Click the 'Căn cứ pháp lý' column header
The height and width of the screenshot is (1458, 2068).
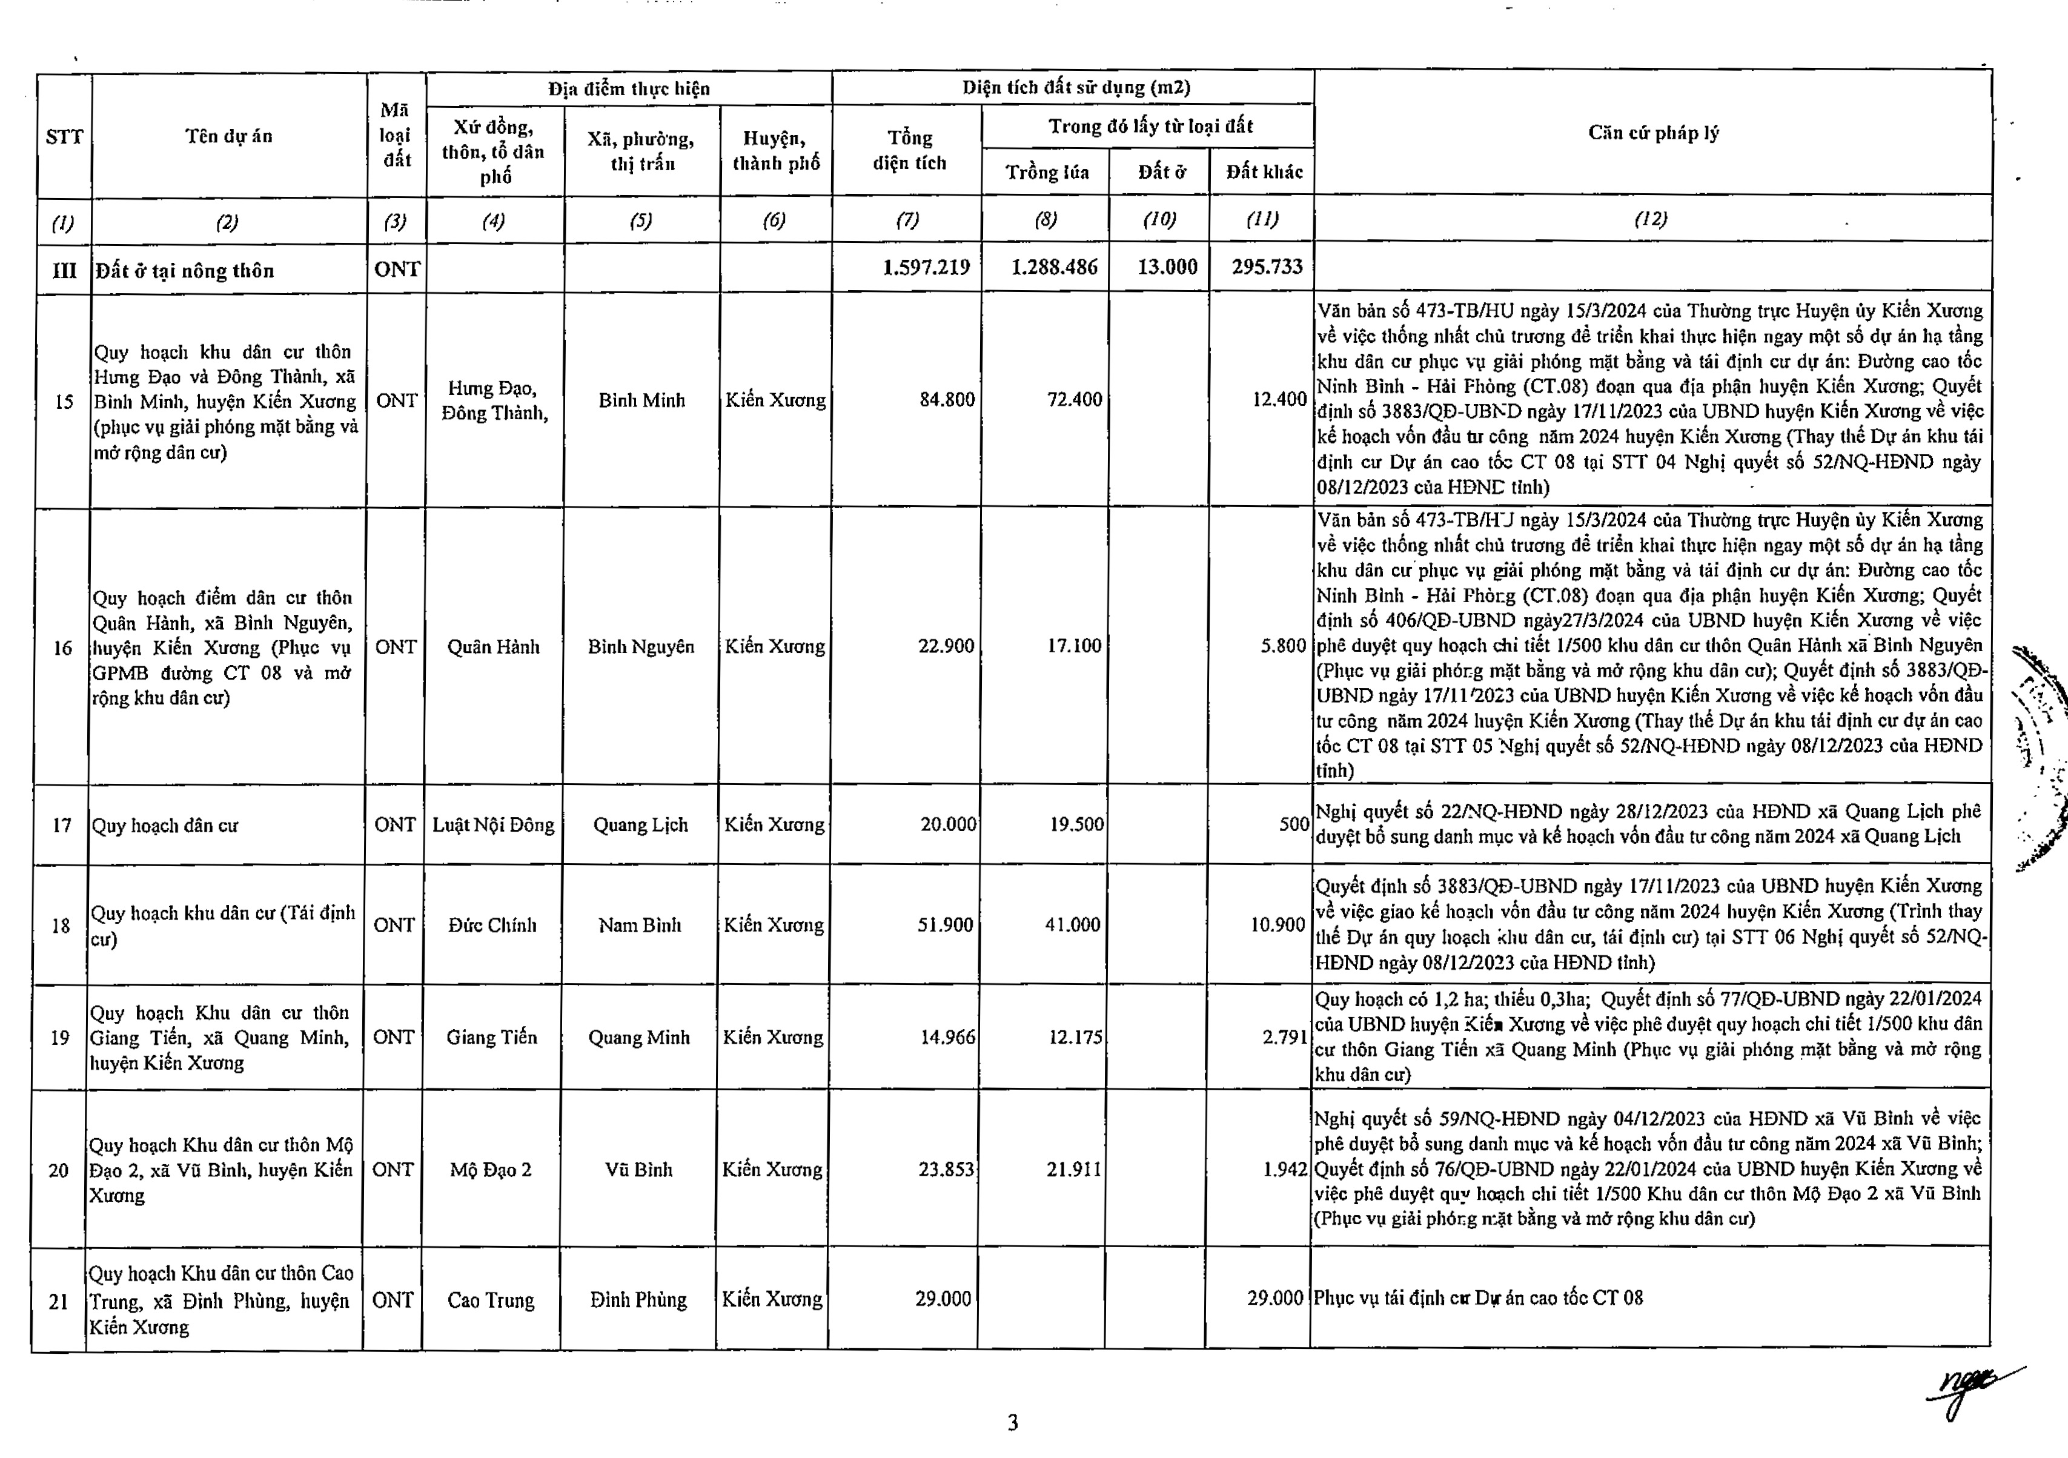tap(1653, 133)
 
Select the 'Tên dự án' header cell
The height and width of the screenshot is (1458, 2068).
tap(229, 136)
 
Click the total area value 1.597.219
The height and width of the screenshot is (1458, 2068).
tap(926, 268)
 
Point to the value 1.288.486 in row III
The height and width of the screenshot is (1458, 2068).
tap(1054, 268)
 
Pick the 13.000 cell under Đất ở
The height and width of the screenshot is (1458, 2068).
tap(1167, 268)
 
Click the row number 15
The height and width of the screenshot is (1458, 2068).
tap(64, 402)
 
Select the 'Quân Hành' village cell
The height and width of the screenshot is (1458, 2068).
tap(494, 646)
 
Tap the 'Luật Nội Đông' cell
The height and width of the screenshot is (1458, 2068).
tap(494, 825)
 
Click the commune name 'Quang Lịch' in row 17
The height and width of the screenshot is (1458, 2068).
tap(640, 825)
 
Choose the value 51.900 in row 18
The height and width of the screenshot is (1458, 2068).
tap(945, 925)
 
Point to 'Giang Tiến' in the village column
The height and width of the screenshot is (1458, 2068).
tap(492, 1038)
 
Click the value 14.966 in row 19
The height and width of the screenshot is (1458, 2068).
tap(947, 1038)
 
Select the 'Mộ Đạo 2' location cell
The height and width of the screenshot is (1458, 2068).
tap(491, 1170)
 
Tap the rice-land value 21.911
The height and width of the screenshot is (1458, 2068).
tap(1073, 1170)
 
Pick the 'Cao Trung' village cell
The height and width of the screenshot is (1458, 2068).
tap(491, 1301)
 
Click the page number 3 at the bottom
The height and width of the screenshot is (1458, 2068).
tap(1013, 1423)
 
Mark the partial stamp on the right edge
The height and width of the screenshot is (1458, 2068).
tap(2040, 757)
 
